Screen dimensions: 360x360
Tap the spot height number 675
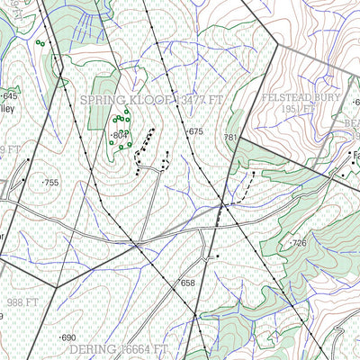pos(196,132)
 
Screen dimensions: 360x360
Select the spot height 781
pos(229,138)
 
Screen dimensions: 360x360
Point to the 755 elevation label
pos(50,183)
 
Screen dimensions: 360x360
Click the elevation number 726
pos(300,244)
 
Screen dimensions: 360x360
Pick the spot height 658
pos(187,283)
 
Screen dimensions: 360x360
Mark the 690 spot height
pos(68,337)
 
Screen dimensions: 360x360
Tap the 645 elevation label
pos(10,95)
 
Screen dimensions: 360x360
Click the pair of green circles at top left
pos(39,42)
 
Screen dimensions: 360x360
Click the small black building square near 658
pos(218,258)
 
